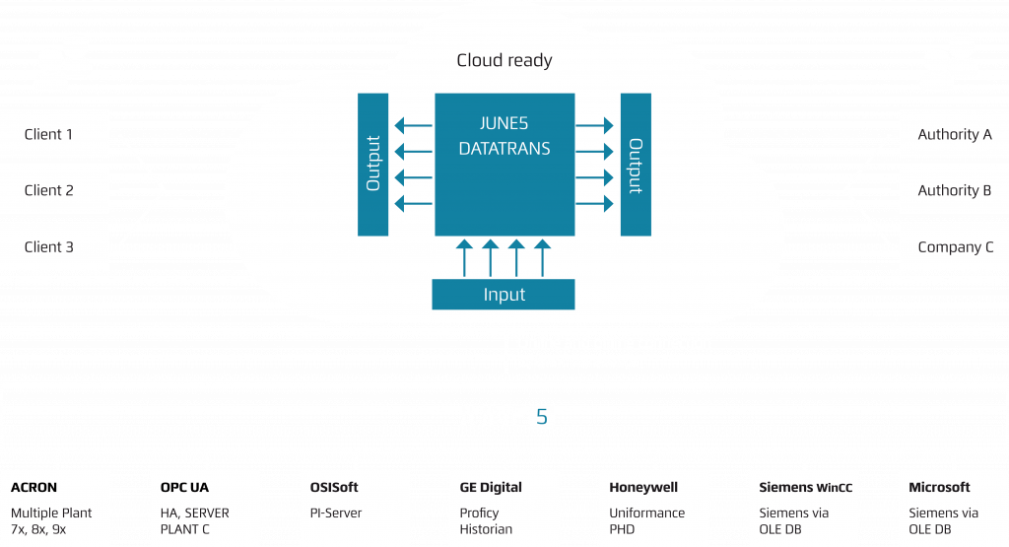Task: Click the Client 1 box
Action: tap(54, 134)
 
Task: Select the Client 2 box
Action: tap(54, 190)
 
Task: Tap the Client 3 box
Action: tap(54, 246)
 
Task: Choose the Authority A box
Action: tap(954, 134)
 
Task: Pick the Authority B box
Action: tap(954, 190)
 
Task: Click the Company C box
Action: tap(954, 246)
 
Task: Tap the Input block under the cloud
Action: tap(504, 294)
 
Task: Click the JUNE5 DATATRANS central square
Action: tap(504, 165)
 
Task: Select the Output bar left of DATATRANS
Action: tap(372, 165)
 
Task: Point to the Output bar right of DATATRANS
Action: tap(636, 165)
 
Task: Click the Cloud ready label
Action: tap(504, 60)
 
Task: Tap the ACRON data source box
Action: tap(57, 508)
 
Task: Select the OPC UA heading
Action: tap(184, 487)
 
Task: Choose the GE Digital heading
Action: tap(491, 487)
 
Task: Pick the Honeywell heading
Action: tap(643, 487)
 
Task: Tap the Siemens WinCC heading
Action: tap(805, 487)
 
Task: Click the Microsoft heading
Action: tap(939, 487)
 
